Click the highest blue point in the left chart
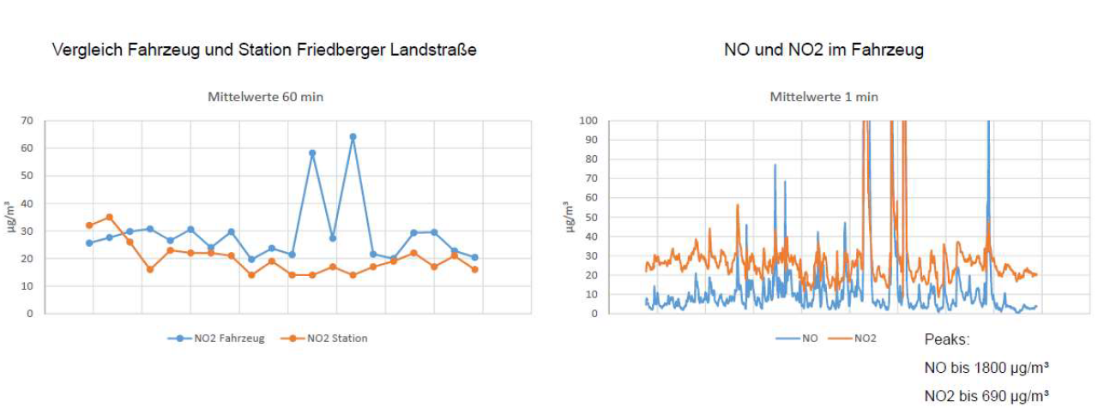point(353,137)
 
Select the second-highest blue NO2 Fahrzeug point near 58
point(312,153)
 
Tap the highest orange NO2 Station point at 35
point(109,217)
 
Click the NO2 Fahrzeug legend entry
point(215,339)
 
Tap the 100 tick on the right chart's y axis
point(589,121)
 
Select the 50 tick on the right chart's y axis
point(592,217)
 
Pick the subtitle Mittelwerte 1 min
point(823,97)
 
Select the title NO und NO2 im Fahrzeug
point(823,51)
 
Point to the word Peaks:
point(947,339)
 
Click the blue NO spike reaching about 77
point(775,165)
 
